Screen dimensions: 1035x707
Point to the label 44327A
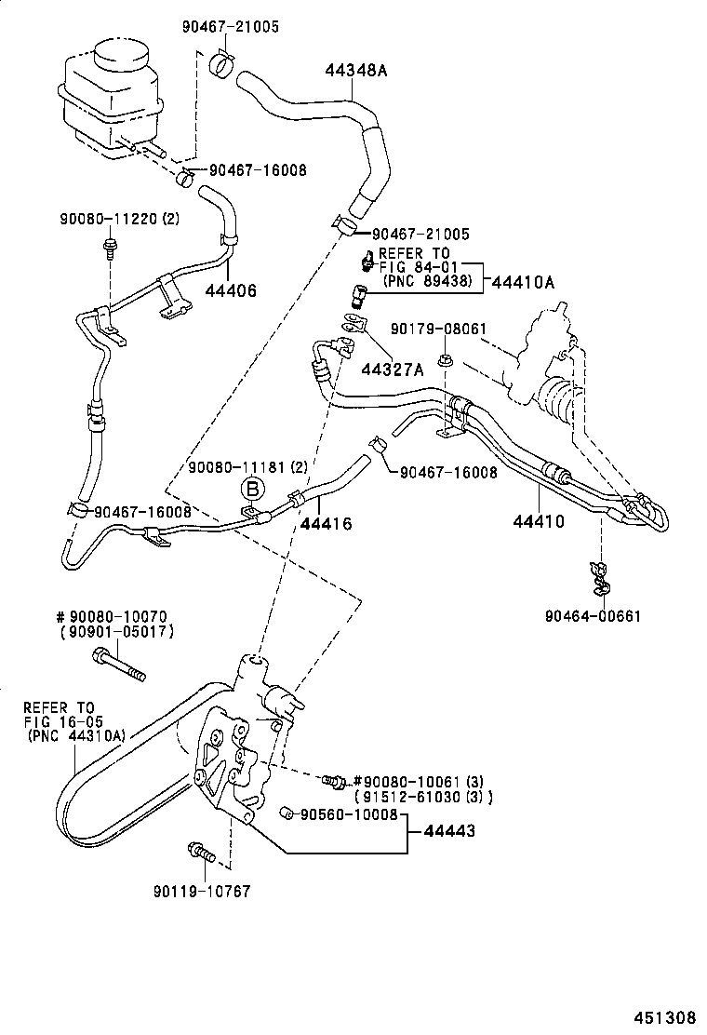pos(393,370)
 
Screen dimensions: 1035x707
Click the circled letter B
pos(252,489)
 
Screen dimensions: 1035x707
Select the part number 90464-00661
pos(595,615)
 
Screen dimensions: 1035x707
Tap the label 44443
pos(443,831)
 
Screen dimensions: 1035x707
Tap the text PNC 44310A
pos(77,733)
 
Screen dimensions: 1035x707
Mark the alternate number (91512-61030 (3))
pos(423,797)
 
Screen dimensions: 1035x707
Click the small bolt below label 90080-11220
pos(111,247)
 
